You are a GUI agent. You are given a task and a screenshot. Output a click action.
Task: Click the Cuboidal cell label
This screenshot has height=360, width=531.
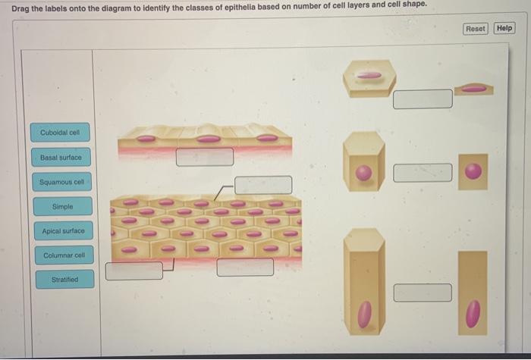pos(60,133)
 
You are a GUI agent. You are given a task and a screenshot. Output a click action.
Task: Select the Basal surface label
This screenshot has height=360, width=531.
pos(61,158)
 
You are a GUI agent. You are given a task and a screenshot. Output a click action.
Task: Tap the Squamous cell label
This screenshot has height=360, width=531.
pos(62,182)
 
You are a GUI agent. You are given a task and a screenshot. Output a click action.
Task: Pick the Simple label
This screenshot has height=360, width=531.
pos(63,206)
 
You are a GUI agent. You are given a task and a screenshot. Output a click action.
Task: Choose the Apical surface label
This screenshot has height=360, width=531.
pos(63,230)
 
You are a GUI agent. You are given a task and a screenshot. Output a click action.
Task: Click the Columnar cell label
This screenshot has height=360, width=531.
pos(64,255)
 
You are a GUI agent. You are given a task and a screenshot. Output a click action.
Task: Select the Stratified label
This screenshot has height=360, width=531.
pos(65,280)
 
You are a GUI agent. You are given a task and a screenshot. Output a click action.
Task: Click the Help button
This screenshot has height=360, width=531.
pos(504,28)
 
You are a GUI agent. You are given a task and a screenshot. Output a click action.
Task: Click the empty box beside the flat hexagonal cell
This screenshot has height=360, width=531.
pos(423,99)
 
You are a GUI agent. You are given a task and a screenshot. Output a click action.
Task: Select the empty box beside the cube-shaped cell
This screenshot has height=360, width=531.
pos(423,173)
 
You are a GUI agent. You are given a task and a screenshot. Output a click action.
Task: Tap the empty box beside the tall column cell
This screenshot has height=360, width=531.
pos(423,293)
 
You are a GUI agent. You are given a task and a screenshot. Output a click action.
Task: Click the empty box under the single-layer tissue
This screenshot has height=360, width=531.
pos(205,157)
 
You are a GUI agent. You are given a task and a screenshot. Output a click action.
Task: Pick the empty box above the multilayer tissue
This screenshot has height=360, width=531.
pos(263,185)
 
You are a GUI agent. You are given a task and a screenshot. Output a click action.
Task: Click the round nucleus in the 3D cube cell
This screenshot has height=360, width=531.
pos(363,173)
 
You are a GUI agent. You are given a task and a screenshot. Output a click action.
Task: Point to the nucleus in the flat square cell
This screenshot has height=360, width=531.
pos(473,171)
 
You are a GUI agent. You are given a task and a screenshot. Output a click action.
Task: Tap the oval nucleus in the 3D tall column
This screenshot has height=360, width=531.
pos(365,315)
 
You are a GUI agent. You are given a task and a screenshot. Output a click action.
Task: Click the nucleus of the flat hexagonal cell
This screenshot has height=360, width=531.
pos(369,76)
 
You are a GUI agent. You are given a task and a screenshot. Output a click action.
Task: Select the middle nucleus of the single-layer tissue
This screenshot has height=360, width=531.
pos(209,139)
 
